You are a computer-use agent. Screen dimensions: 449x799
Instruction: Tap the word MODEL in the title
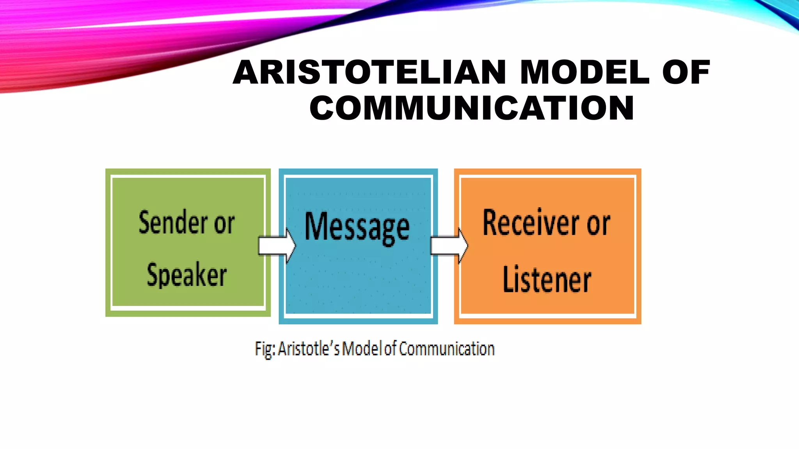click(x=585, y=72)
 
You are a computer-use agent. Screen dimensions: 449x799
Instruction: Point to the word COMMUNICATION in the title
click(x=472, y=108)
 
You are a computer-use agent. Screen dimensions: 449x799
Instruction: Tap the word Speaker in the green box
click(x=186, y=275)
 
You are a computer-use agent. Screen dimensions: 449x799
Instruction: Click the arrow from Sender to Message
click(x=277, y=246)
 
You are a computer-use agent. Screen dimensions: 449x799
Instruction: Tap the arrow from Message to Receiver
click(x=449, y=246)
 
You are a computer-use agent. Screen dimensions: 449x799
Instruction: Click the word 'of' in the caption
click(x=390, y=348)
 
